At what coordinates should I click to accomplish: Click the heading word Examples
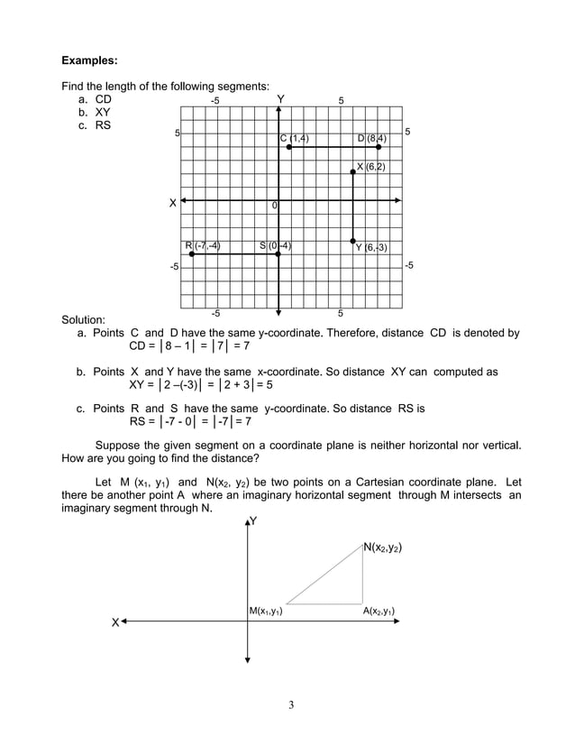[x=89, y=61]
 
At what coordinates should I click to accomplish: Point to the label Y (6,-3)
[x=371, y=247]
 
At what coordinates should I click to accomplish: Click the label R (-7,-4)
[x=203, y=245]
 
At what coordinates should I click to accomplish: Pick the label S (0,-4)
[x=275, y=245]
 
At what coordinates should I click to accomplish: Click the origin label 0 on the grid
[x=274, y=207]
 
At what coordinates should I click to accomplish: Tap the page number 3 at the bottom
[x=290, y=704]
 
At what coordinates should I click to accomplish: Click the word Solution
[x=83, y=319]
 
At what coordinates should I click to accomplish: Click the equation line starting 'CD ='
[x=189, y=345]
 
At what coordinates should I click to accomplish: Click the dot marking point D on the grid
[x=379, y=146]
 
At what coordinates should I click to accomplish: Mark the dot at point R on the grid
[x=192, y=253]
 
